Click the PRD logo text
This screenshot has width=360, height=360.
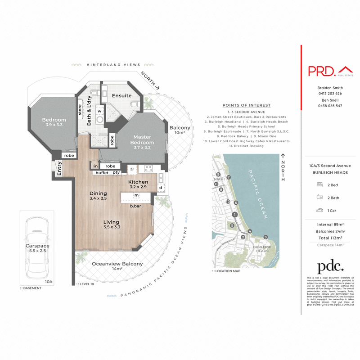[321, 71]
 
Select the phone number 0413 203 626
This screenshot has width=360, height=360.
[330, 93]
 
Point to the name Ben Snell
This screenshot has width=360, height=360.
[330, 100]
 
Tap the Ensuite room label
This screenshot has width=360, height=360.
[121, 96]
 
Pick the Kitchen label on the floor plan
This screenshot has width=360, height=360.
[138, 182]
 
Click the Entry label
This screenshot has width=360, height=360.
[59, 169]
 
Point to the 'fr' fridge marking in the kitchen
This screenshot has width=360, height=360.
[132, 170]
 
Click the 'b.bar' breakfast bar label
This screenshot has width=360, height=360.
[135, 206]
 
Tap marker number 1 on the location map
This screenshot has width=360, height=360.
[234, 215]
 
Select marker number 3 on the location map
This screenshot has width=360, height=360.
[265, 237]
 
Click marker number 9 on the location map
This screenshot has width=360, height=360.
[217, 175]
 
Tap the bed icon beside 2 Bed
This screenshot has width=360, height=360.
[319, 185]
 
